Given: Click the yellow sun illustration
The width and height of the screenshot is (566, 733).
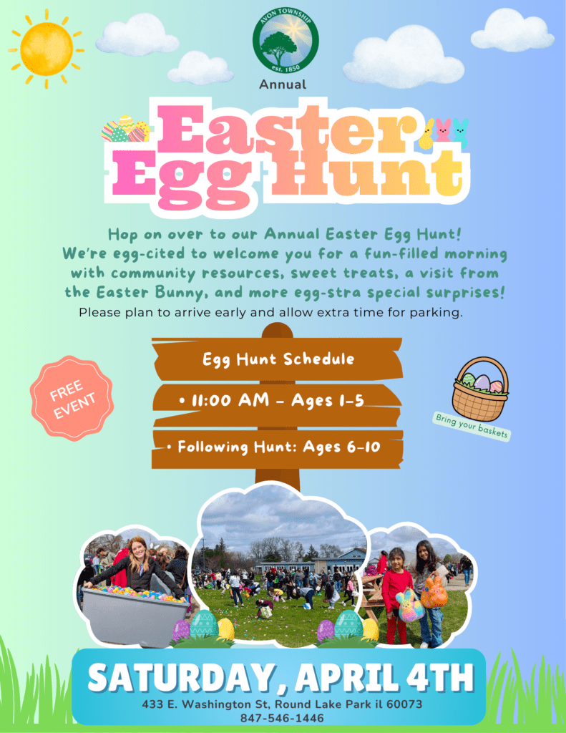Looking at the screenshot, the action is coord(47,49).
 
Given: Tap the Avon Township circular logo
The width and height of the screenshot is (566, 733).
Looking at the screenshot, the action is coord(286,41).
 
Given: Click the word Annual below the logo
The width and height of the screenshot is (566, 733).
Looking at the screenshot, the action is coord(283,84).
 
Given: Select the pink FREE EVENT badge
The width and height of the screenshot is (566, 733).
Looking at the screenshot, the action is coord(72,398).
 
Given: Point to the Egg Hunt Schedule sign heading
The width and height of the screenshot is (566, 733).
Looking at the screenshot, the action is coord(278,359).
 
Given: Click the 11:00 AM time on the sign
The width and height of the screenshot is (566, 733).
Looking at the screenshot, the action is coord(230,401).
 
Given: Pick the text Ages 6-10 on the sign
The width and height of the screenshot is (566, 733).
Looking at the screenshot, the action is coord(341,447).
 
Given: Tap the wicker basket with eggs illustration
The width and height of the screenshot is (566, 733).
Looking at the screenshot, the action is coord(480,389).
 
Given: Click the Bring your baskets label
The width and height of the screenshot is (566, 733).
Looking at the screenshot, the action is coord(471,426).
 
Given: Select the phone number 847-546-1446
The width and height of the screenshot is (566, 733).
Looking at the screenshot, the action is coord(282,718).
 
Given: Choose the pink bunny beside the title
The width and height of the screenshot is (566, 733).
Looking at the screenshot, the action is coord(444,130).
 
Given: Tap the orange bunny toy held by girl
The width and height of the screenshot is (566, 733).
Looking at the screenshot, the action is coord(434,591).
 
